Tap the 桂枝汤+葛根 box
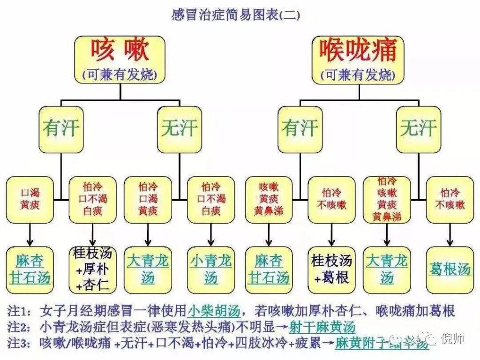[331, 269]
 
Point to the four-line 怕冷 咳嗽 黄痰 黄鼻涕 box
[387, 199]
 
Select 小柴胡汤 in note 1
[214, 311]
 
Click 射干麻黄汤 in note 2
[328, 327]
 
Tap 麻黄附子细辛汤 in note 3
[382, 343]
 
